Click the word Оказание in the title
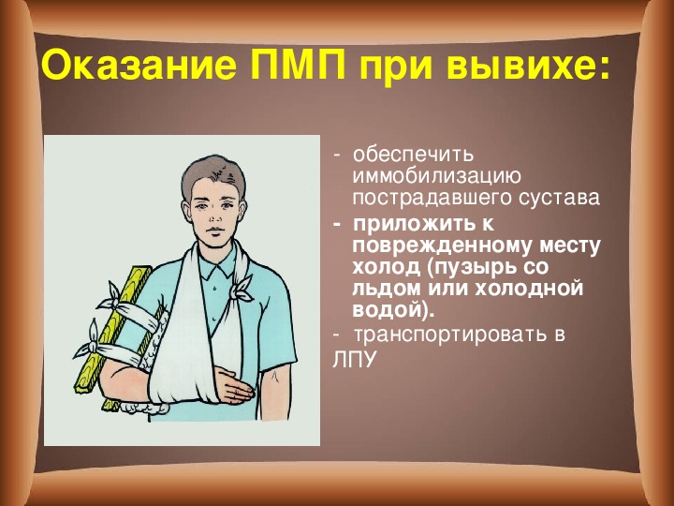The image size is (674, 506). [x=139, y=66]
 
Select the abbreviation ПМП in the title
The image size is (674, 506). [x=299, y=66]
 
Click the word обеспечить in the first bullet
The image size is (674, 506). [x=413, y=155]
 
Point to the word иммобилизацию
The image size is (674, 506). [x=436, y=176]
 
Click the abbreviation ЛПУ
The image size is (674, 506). [x=354, y=360]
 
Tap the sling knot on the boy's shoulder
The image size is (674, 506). [x=242, y=287]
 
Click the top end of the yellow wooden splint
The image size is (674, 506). [x=141, y=269]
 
